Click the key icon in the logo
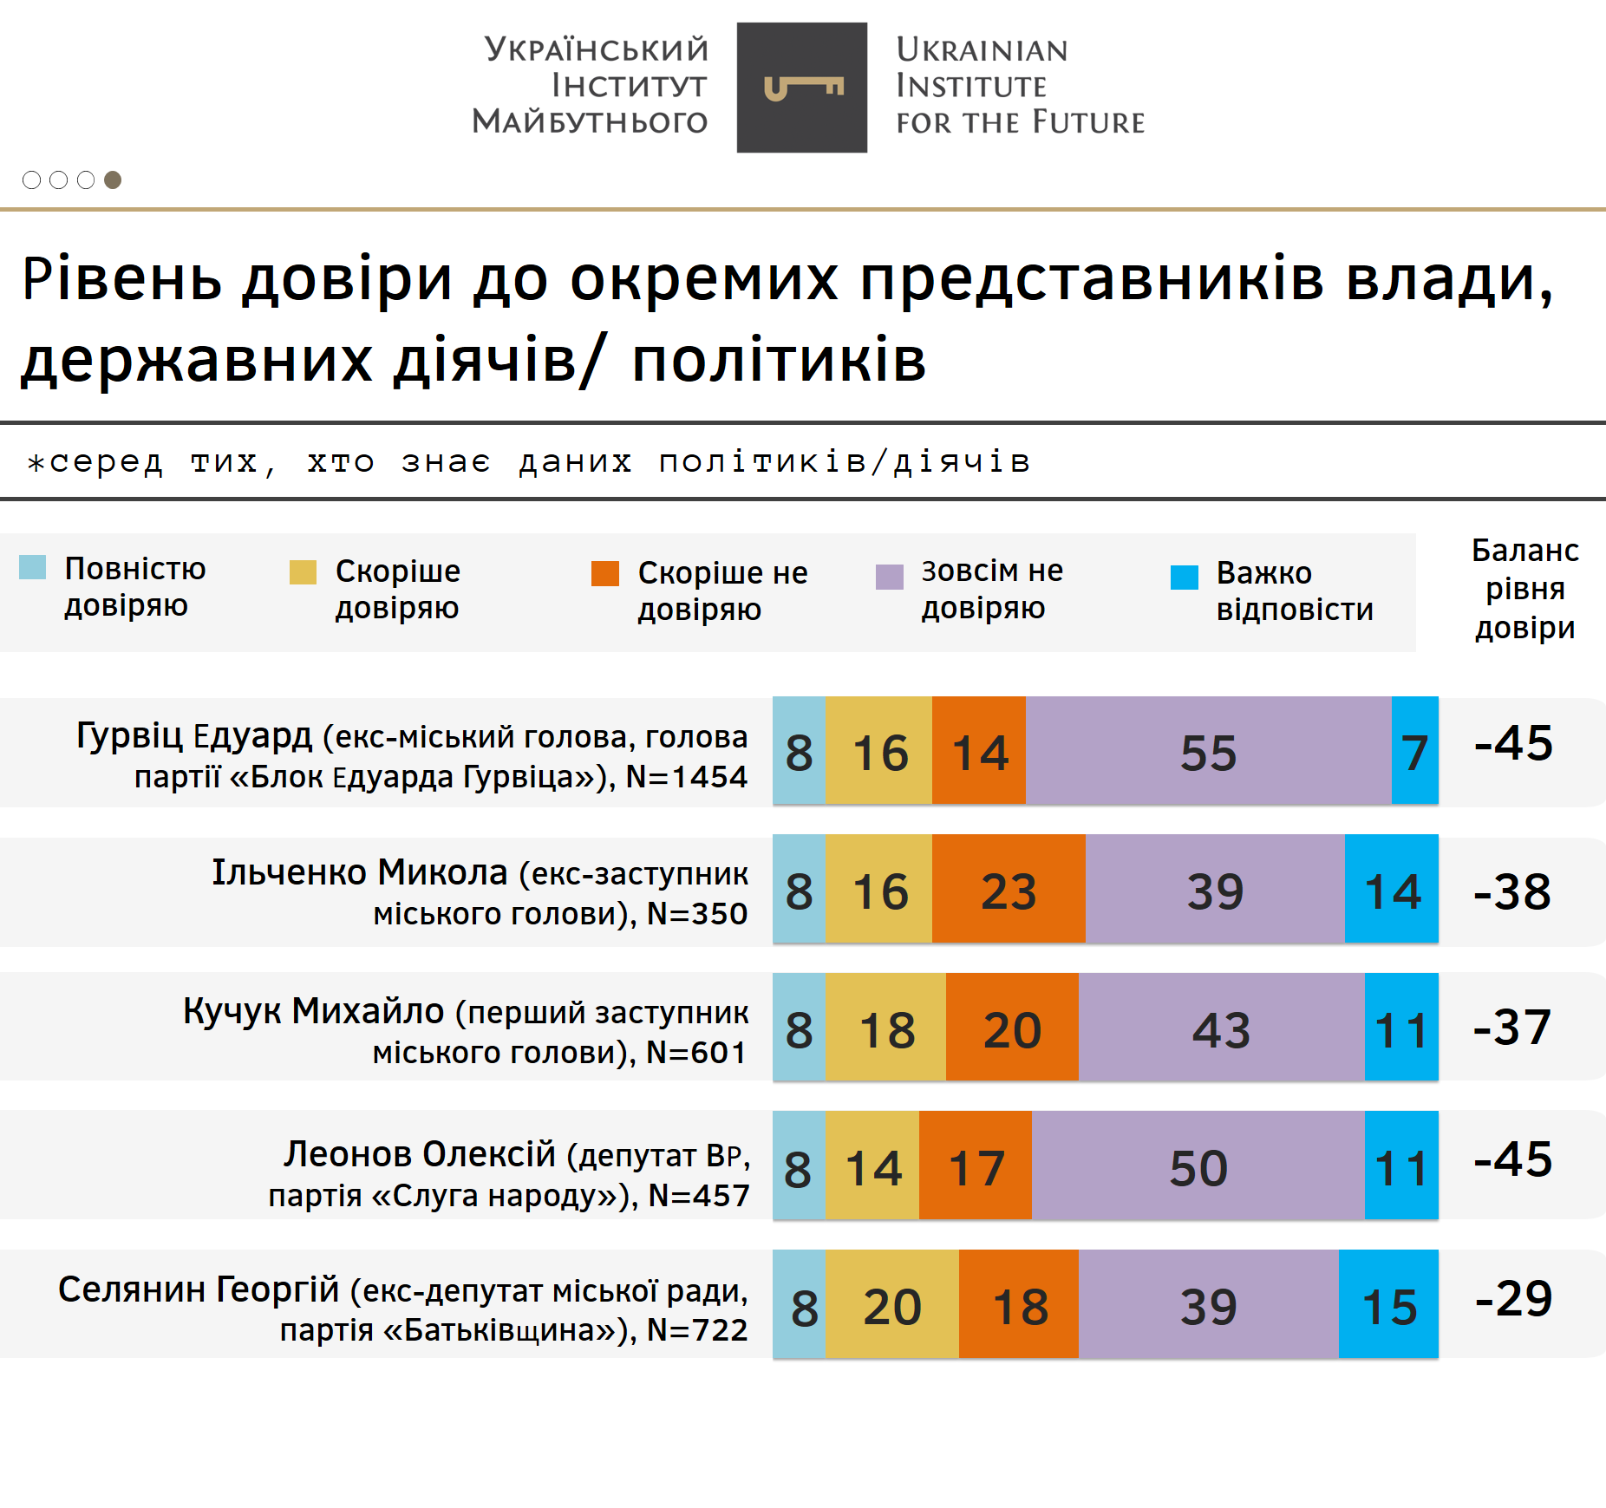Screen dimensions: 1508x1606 [803, 88]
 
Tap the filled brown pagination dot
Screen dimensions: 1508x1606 [113, 180]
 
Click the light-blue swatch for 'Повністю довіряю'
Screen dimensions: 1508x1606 [33, 567]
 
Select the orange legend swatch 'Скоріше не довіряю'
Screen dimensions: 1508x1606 [604, 573]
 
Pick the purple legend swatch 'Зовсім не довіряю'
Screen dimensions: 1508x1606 [889, 576]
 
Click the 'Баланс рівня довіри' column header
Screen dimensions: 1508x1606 [1524, 589]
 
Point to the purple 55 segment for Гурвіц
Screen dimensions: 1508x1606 [1208, 751]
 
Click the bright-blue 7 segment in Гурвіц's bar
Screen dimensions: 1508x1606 [1414, 751]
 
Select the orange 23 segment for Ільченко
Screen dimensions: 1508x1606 [1009, 890]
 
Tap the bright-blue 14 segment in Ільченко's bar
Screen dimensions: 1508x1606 [1391, 890]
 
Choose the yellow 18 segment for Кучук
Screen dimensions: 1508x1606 [885, 1028]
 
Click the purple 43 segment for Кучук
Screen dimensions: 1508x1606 [1221, 1028]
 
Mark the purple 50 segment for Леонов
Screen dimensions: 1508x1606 [1198, 1166]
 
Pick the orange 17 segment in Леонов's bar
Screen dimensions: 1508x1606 [976, 1166]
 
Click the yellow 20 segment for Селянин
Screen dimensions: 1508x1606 [891, 1305]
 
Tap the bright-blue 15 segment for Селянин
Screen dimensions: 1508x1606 [1388, 1305]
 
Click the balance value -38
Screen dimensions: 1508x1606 [1512, 891]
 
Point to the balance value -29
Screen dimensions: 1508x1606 [1513, 1298]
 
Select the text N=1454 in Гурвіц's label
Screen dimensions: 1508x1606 [686, 777]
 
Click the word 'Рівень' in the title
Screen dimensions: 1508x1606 [121, 279]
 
